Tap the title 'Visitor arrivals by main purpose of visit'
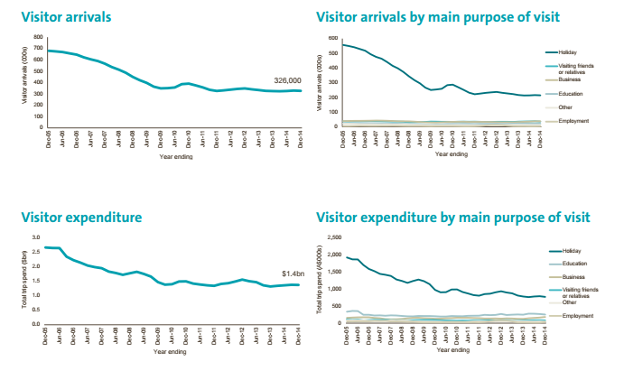pos(438,17)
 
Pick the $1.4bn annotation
pos(292,273)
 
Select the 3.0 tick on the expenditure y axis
pos(36,237)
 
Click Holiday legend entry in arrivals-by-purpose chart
pos(568,53)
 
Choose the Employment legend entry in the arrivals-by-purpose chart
pos(574,121)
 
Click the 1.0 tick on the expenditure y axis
pos(36,295)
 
